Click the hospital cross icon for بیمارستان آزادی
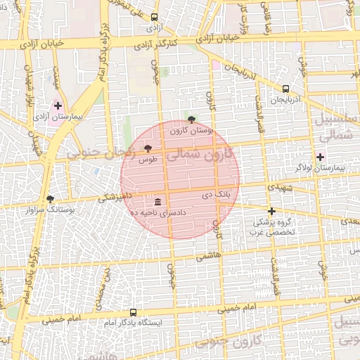58,105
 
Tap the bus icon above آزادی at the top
155,18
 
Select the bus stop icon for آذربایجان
285,89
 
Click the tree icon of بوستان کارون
191,119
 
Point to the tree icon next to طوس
148,148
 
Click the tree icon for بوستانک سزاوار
50,199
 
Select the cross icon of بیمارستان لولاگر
321,157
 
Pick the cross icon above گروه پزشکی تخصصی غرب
271,210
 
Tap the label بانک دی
217,193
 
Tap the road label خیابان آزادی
41,43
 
